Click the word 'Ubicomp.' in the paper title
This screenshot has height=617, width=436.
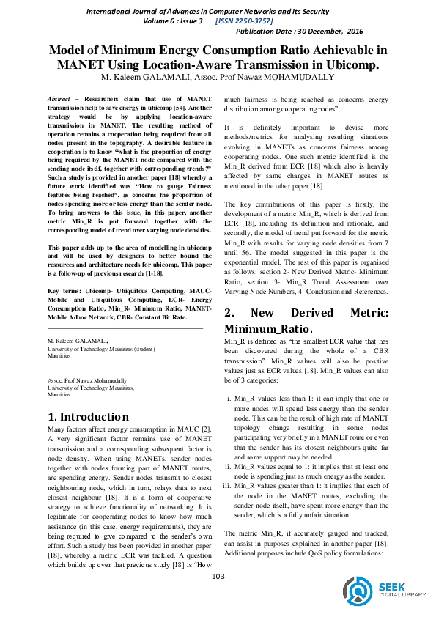tap(348, 64)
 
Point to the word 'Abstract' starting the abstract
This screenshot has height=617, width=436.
tap(59, 98)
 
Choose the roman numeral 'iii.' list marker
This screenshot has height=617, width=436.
tap(229, 484)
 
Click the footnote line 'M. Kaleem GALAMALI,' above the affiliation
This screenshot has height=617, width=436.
tap(78, 341)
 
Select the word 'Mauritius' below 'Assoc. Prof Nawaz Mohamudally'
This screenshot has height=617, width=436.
tap(59, 394)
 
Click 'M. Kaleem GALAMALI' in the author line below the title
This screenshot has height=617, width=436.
tap(135, 77)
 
